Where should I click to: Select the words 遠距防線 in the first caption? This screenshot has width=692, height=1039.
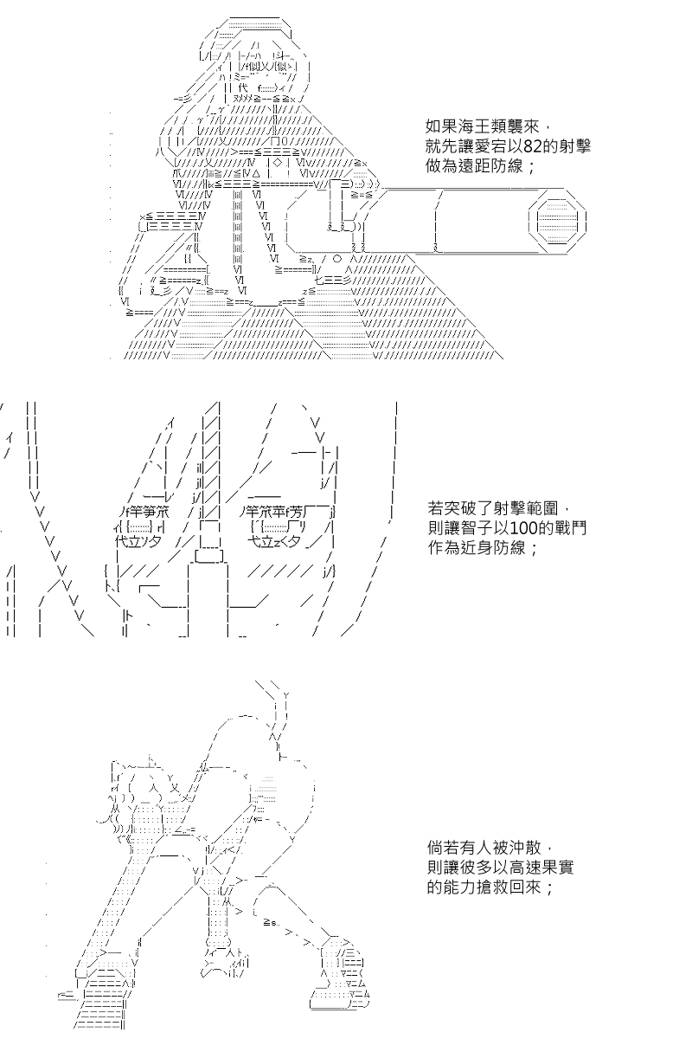tap(490, 166)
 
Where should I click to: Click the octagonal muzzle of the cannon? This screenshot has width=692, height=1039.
tap(557, 221)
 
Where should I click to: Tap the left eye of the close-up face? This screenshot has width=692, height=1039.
tap(140, 527)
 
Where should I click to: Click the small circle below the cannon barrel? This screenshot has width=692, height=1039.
tap(337, 259)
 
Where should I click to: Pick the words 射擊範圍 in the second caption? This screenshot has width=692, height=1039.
tap(525, 508)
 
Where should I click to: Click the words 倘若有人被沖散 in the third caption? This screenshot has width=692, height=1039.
tap(484, 848)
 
